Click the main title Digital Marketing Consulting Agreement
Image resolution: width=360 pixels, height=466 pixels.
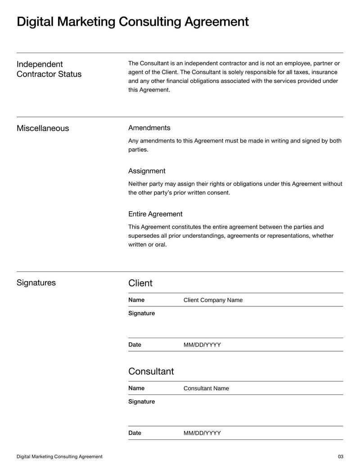[x=132, y=22]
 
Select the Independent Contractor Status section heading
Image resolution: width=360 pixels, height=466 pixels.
[x=49, y=69]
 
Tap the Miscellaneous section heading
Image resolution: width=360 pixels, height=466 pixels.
[x=43, y=128]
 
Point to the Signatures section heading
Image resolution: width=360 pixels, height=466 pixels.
[x=36, y=283]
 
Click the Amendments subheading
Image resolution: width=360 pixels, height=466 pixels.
[x=149, y=128]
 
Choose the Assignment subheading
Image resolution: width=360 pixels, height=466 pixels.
[x=147, y=171]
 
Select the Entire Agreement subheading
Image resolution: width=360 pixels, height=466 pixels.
[x=155, y=214]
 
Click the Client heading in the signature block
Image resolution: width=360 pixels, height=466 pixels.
[x=140, y=283]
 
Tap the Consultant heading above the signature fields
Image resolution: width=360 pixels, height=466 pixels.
[x=151, y=371]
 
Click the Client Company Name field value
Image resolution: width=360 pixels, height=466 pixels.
[x=213, y=300]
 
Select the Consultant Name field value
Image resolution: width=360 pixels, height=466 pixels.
[x=206, y=389]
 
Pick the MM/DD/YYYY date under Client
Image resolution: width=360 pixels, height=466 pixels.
[x=202, y=345]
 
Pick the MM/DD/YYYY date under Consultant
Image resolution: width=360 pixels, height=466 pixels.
[x=202, y=433]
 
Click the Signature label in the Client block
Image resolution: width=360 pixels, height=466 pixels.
[x=141, y=313]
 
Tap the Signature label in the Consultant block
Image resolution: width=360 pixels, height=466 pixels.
[x=141, y=402]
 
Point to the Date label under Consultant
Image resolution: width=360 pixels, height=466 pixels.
[x=135, y=433]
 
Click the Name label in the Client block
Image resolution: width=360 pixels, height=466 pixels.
[x=136, y=300]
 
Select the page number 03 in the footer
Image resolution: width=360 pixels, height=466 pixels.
[x=340, y=457]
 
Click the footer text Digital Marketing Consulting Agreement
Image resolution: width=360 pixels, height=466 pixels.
[x=59, y=457]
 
